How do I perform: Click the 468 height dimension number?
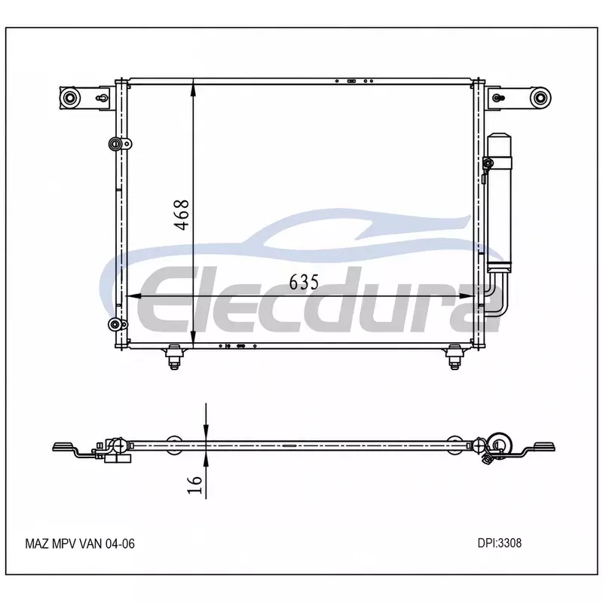coord(182,215)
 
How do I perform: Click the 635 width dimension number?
coord(304,282)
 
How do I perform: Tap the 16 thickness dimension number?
coord(194,485)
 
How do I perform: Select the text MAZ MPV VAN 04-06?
coord(80,543)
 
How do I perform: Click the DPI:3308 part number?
coord(500,543)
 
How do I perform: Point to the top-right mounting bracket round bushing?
coord(540,98)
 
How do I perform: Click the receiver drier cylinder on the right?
coord(499,203)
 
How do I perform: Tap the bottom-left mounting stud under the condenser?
coord(175,357)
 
